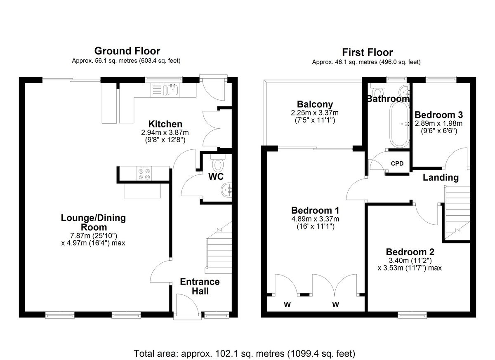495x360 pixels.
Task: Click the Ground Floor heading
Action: pos(127,51)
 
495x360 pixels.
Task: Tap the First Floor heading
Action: pos(367,52)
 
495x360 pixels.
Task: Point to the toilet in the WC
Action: pos(218,163)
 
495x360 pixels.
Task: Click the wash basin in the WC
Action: pos(226,189)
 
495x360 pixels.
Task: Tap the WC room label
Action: pos(216,176)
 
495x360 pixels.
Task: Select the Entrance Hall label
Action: pos(200,287)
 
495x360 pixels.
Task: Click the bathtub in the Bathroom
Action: pos(399,125)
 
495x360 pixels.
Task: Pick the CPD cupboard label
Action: pos(397,164)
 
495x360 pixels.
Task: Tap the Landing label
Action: pos(441,178)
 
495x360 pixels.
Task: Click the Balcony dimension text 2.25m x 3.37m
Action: pos(315,113)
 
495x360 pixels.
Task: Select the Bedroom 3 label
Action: pos(438,115)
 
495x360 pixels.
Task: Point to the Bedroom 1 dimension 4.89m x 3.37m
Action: pos(315,219)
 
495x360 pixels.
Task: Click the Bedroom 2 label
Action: pos(410,252)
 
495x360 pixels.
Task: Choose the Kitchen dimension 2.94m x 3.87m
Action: pos(165,132)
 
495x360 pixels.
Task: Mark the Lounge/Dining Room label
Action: pos(93,222)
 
